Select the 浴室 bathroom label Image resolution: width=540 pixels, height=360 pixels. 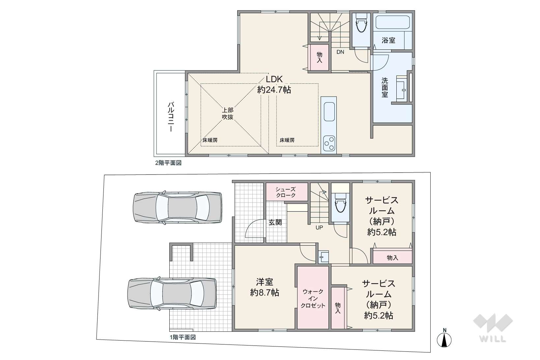click(x=388, y=40)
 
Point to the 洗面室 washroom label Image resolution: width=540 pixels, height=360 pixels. click(x=384, y=87)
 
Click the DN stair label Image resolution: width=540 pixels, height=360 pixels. click(x=340, y=52)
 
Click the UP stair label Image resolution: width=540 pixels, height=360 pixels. click(x=319, y=228)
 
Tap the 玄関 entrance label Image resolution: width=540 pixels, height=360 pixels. click(x=275, y=222)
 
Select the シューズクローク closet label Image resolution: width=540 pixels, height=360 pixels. click(x=286, y=192)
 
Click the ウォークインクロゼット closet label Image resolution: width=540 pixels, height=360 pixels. click(x=313, y=298)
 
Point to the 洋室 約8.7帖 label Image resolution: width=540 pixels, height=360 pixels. click(x=265, y=287)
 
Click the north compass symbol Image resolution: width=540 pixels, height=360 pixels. click(x=444, y=338)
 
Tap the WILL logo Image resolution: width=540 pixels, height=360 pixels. click(x=493, y=328)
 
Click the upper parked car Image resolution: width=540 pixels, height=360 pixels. click(x=178, y=208)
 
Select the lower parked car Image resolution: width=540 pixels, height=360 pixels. click(x=172, y=293)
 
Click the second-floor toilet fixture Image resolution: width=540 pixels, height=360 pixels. click(x=361, y=23)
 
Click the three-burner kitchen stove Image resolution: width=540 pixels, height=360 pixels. click(x=329, y=144)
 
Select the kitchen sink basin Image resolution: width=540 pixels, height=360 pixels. click(x=329, y=112)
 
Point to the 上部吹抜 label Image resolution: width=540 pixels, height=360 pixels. click(x=228, y=114)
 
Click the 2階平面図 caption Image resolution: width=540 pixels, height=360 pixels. click(x=168, y=163)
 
